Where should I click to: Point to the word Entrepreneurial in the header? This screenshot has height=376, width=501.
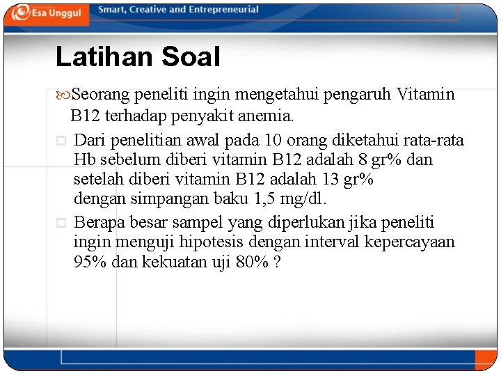224,10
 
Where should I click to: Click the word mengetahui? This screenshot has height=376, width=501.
269,94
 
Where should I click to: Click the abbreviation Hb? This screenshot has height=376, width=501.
85,160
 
